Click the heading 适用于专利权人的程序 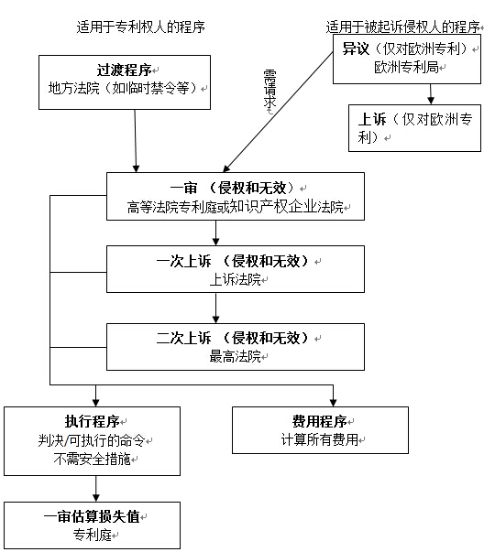tap(140, 27)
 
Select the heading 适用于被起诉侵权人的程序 tap(403, 27)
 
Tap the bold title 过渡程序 tap(124, 70)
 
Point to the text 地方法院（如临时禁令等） tap(124, 88)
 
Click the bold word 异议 tap(356, 49)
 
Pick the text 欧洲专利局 tap(406, 67)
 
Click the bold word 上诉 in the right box tap(372, 119)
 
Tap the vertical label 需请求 tap(269, 89)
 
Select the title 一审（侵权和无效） tap(234, 188)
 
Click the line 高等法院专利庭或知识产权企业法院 tap(236, 207)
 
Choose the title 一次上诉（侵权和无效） tap(234, 261)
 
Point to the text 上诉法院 tap(236, 279)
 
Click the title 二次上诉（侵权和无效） tap(234, 338)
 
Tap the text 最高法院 tap(236, 356)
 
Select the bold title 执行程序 tap(93, 421)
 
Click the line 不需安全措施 tap(93, 459)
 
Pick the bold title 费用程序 tap(319, 421)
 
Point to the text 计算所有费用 tap(320, 439)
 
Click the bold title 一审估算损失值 tap(92, 516)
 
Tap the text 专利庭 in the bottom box tap(93, 535)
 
